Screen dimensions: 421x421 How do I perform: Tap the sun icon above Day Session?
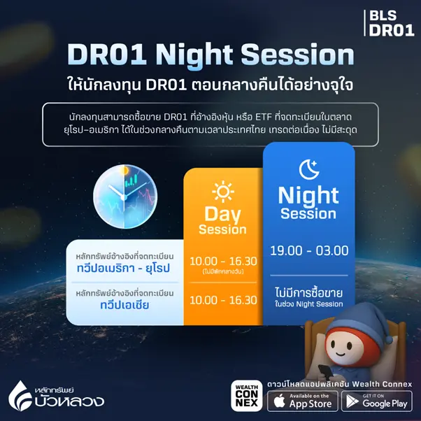pos(222,190)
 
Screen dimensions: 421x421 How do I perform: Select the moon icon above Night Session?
pos(308,169)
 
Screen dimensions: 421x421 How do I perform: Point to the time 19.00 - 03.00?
pos(308,250)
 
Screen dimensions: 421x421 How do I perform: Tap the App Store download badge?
pos(302,401)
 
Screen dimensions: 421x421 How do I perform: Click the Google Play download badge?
pos(377,401)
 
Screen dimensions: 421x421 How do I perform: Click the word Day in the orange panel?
pos(222,213)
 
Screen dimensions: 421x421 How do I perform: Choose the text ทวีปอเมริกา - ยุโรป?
pos(125,269)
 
